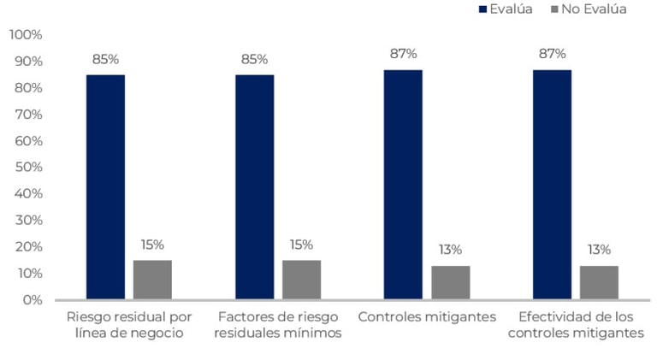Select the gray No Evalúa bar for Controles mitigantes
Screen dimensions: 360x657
coord(450,282)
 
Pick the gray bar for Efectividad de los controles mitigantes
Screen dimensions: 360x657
coord(599,282)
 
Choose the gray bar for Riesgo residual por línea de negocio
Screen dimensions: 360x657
coord(152,280)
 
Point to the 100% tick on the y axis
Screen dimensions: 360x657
coord(26,35)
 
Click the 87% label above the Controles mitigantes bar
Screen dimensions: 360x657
coord(403,54)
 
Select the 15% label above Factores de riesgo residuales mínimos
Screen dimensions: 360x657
coord(301,245)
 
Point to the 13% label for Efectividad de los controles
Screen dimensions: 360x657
coord(599,250)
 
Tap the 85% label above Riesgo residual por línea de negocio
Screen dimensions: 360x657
coord(105,59)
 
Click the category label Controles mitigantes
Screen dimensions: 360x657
coord(427,316)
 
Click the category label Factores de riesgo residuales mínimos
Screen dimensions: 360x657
coord(280,324)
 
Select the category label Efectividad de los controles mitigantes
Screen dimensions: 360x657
coord(576,324)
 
